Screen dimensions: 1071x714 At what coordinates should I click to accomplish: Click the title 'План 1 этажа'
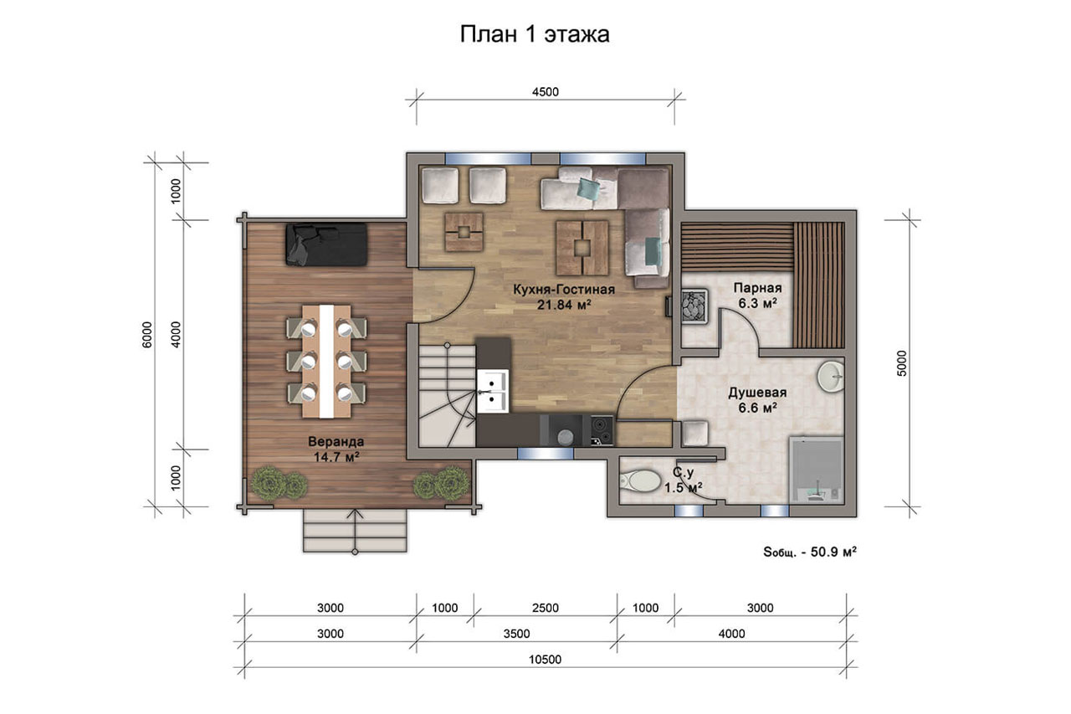535,34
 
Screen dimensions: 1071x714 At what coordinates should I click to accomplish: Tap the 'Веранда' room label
336,441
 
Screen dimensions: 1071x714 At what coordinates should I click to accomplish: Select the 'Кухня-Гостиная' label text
564,290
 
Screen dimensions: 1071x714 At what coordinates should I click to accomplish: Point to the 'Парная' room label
757,288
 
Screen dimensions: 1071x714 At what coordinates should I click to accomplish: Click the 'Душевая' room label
757,393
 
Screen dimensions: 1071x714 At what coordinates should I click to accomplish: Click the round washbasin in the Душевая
831,377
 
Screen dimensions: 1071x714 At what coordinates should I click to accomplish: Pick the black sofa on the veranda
326,244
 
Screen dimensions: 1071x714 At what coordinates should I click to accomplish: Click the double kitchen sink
492,391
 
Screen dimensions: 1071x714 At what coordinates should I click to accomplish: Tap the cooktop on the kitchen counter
602,430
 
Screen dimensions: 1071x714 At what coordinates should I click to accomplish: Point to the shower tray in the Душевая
816,469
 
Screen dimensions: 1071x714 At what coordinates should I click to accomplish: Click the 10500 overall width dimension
545,660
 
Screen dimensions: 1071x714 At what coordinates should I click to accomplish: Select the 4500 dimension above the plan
545,92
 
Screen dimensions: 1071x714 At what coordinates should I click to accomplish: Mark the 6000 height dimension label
147,335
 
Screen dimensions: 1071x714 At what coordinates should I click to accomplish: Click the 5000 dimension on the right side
901,363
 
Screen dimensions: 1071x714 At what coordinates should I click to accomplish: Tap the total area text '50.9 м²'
833,552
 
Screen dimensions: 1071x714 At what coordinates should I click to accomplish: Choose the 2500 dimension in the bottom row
545,608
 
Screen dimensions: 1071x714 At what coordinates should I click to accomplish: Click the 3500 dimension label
516,634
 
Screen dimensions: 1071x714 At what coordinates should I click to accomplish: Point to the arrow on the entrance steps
355,531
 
